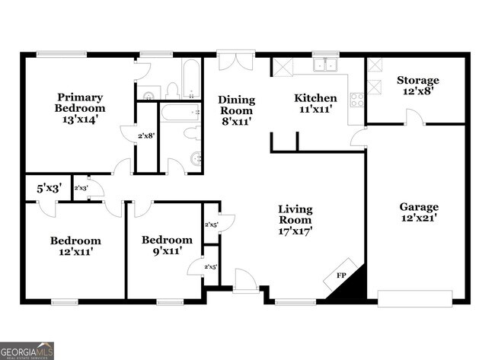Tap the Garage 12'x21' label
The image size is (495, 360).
(419, 212)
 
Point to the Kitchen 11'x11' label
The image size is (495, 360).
(315, 104)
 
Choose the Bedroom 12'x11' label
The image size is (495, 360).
(75, 246)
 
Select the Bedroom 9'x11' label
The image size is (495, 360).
(167, 245)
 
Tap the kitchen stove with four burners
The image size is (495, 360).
(356, 98)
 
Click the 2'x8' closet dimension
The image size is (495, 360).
(146, 136)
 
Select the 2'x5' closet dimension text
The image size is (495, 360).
(211, 225)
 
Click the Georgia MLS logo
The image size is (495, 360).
(27, 351)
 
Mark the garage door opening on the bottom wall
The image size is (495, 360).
(416, 297)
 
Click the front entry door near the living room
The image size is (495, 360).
(245, 280)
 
